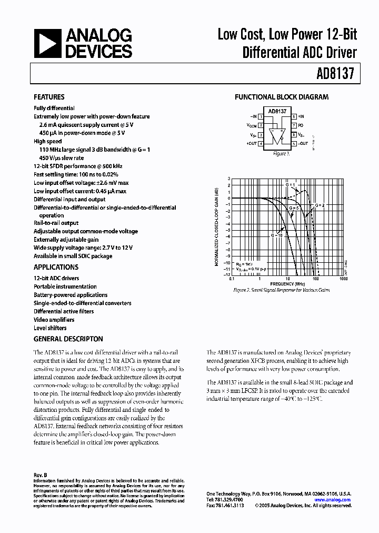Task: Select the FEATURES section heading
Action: pos(49,97)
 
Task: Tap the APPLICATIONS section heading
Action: pos(56,267)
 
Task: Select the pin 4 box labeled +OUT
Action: pos(261,143)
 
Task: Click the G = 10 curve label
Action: pos(277,235)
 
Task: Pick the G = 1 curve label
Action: pos(291,185)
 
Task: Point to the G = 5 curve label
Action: pos(293,209)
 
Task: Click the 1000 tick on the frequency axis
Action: pos(344,279)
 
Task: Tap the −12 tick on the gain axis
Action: pos(227,274)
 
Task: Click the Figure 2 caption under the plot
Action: pos(282,290)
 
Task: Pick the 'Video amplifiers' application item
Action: pos(54,320)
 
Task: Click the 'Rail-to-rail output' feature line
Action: pos(56,223)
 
